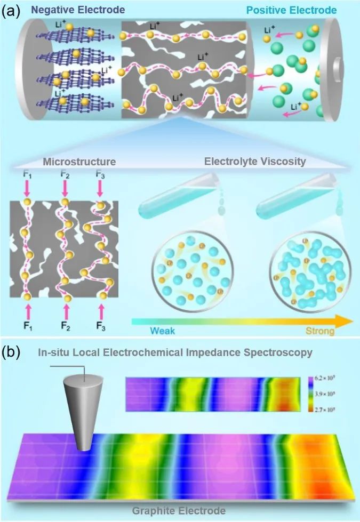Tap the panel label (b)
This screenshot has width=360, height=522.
coord(11,352)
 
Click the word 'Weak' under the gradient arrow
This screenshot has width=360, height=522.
coord(162,331)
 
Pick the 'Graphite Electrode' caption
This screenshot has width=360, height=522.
coord(180,510)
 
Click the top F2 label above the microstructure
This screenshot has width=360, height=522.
coord(65,174)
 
